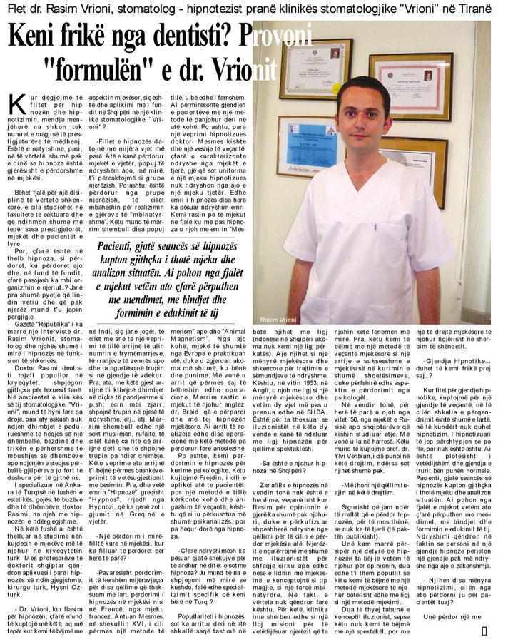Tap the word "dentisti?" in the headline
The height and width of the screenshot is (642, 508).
coord(188,36)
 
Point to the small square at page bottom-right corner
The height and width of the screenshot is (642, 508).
coord(484,630)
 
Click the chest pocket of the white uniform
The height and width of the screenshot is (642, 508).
coord(398,218)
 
